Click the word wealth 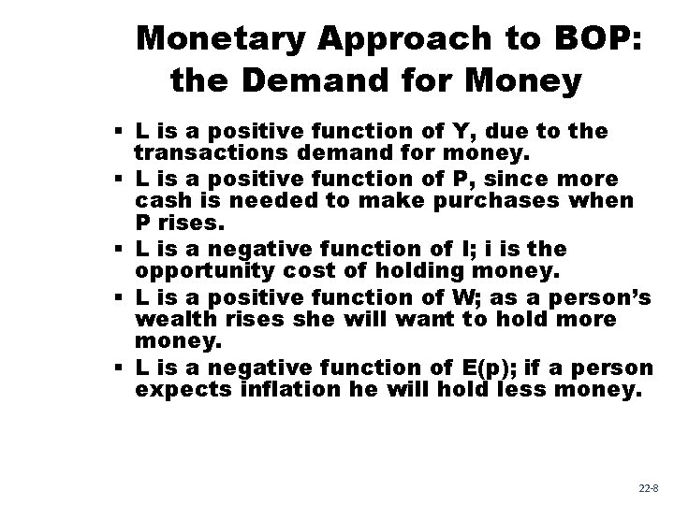168,321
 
